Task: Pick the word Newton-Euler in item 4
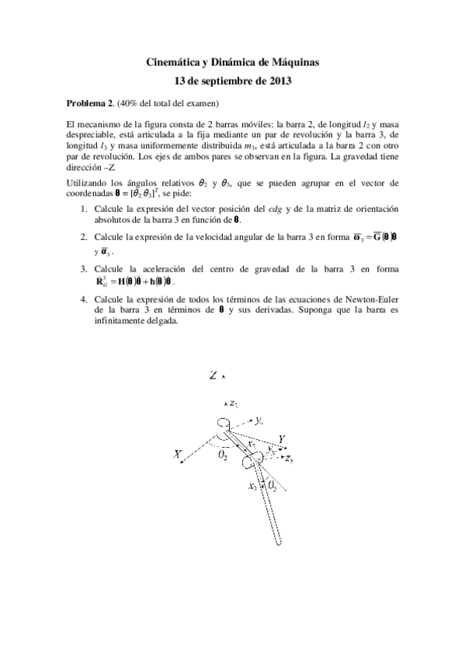(375, 298)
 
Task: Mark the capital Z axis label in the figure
(213, 376)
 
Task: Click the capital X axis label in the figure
(178, 454)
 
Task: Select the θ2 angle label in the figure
(224, 457)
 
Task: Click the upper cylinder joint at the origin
(224, 425)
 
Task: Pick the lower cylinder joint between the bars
(254, 462)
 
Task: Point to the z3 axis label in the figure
(289, 459)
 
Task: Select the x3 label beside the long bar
(253, 487)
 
